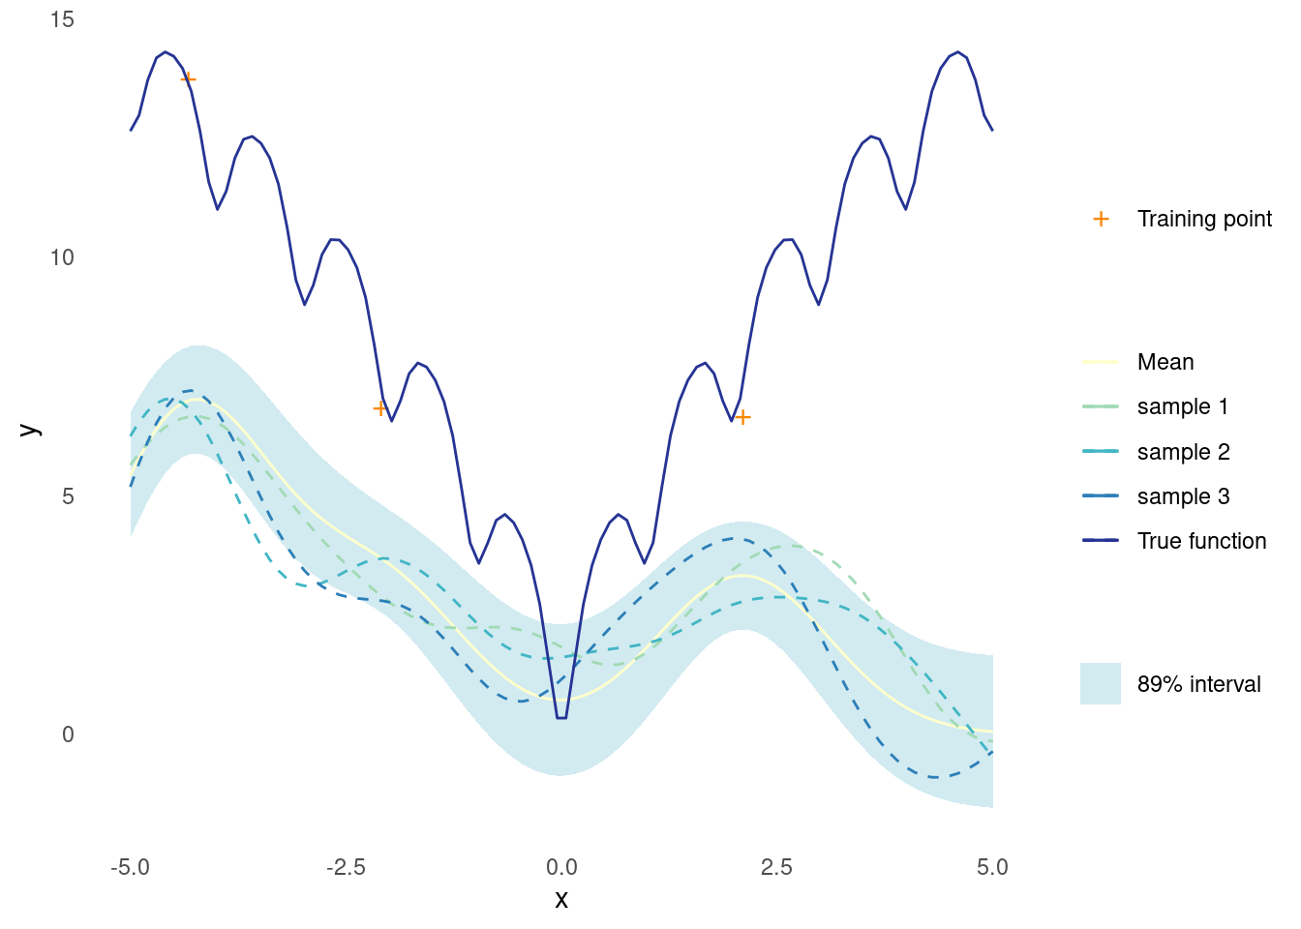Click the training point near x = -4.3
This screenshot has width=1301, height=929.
tap(188, 78)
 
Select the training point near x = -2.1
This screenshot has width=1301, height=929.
tap(379, 408)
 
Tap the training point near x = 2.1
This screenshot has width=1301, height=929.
tap(742, 417)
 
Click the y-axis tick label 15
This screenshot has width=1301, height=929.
tap(62, 19)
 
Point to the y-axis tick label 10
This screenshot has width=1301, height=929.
tap(62, 257)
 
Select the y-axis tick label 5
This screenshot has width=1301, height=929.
tap(68, 496)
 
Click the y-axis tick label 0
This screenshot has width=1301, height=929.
tap(68, 734)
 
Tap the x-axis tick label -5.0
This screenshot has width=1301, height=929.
tap(130, 867)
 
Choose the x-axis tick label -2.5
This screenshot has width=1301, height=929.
tap(347, 867)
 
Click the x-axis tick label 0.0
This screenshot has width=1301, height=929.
tap(561, 867)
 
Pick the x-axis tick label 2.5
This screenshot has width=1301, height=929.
tap(777, 867)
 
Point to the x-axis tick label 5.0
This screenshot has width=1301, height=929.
tap(992, 867)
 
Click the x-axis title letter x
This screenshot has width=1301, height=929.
tap(561, 899)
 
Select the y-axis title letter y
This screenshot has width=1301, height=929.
tap(30, 429)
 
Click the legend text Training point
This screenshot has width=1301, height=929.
tap(1204, 219)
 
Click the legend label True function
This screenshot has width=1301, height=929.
tap(1201, 541)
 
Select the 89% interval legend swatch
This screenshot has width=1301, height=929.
tap(1101, 683)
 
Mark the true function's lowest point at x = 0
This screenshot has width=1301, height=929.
tap(561, 718)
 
